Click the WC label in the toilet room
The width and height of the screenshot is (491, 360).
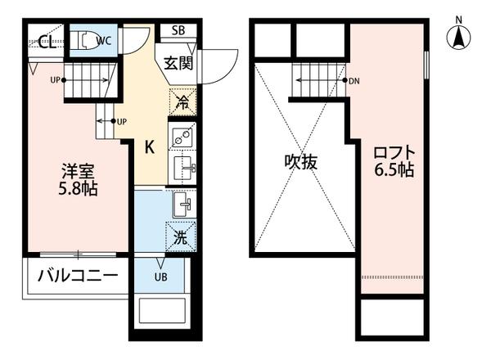pos(103,38)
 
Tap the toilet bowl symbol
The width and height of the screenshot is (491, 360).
pos(84,39)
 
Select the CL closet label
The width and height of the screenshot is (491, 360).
pos(46,43)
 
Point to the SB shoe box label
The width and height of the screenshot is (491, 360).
pos(178,31)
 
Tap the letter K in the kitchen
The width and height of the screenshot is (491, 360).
pos(151,147)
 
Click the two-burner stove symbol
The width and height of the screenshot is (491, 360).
pos(182,137)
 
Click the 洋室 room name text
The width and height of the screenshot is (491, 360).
pos(78,173)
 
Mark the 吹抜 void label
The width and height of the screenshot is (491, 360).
pos(301,162)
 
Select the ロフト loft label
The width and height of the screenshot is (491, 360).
pos(394,153)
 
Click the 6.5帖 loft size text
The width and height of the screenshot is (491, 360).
pos(394,171)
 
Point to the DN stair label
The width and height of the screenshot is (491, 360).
pos(354,81)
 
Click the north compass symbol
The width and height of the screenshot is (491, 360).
pos(458,37)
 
